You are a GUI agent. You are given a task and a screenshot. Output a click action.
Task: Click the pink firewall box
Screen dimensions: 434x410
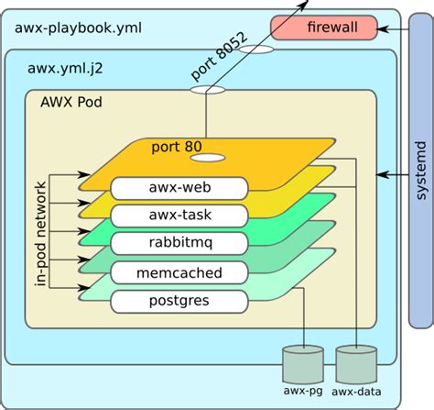324,28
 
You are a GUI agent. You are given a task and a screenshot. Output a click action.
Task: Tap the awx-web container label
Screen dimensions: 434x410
179,188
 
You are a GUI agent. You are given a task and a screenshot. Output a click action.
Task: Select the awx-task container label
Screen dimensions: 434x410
179,216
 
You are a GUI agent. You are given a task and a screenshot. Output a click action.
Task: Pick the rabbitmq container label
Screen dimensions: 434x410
179,243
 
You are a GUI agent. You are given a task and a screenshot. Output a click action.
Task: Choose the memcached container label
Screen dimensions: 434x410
179,272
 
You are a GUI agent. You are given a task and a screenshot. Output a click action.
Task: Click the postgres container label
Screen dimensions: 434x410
179,302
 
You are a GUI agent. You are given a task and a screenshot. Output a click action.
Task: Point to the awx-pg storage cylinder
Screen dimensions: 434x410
303,364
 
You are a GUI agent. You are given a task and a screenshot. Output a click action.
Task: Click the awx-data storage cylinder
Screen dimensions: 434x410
356,364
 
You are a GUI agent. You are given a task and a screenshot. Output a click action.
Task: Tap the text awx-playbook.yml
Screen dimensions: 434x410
78,28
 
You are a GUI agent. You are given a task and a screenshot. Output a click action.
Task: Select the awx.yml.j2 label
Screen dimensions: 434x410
65,68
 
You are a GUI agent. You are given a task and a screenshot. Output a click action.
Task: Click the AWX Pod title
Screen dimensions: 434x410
71,102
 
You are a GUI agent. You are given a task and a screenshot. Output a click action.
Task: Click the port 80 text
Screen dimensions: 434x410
177,147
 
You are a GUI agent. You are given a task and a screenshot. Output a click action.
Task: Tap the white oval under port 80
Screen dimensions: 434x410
208,158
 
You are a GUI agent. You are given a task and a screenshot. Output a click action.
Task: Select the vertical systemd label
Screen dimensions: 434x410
421,171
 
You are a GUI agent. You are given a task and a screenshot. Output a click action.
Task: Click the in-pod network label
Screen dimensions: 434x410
40,234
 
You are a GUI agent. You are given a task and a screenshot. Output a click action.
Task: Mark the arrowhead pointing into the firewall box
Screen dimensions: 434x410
383,29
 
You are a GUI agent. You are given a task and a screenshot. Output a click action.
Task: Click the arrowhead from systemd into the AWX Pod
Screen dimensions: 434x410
382,175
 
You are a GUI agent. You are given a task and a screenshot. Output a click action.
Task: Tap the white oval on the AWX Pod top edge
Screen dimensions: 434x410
208,90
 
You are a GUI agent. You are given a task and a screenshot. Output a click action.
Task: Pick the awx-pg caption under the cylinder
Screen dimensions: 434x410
303,391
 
